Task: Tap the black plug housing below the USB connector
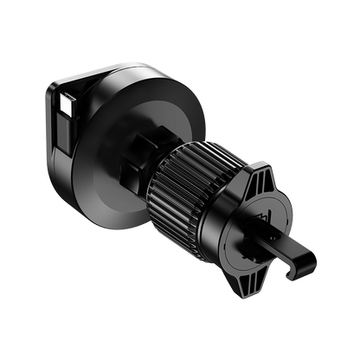tap(67, 129)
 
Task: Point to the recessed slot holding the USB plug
tap(62, 112)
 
